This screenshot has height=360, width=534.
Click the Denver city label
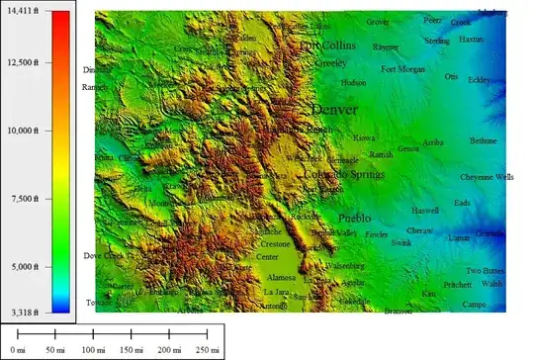pos(333,109)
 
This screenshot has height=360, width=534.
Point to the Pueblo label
pos(354,217)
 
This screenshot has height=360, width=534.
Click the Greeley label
pos(328,61)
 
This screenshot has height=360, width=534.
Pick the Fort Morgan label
pos(402,69)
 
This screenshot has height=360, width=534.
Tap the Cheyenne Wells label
pos(487,177)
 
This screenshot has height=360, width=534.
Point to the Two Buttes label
pos(486,270)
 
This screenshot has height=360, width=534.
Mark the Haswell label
pos(425,211)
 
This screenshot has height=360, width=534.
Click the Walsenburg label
pos(345,265)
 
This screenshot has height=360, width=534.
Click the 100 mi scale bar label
pos(93,350)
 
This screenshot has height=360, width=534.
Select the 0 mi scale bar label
pos(17,350)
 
